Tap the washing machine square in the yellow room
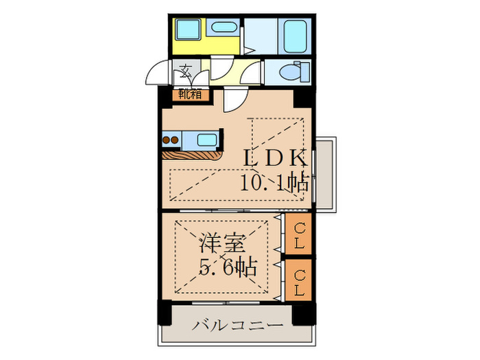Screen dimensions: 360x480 (x=186, y=31)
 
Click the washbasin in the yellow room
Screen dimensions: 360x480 (x=224, y=29)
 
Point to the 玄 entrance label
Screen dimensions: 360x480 (x=186, y=70)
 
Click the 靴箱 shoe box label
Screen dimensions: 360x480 (x=190, y=94)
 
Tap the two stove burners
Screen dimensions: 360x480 (x=169, y=141)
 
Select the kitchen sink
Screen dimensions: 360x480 (x=206, y=141)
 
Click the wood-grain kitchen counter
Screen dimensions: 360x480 (x=194, y=155)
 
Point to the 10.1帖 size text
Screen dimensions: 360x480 (x=273, y=182)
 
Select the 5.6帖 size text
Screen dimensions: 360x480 (x=228, y=266)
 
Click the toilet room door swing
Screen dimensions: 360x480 (x=255, y=71)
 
